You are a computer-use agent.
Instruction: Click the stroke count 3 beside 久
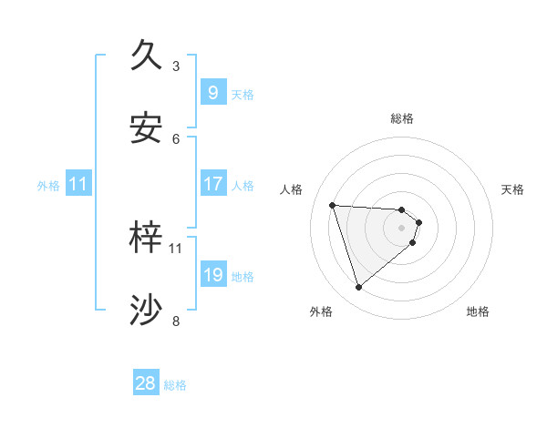[176, 66]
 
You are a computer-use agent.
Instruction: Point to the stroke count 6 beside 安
[176, 138]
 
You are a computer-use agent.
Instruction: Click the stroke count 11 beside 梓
[176, 248]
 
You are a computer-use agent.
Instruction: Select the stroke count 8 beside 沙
[176, 321]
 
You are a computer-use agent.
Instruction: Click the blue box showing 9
[212, 92]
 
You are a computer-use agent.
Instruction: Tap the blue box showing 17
[212, 184]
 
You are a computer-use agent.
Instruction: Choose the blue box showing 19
[212, 275]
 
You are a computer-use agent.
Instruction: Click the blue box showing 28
[146, 383]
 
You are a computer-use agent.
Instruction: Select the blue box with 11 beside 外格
[78, 184]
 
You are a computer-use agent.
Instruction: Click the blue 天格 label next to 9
[243, 94]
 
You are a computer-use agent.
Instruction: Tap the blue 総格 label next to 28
[175, 385]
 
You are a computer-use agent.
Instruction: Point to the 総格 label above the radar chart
[402, 118]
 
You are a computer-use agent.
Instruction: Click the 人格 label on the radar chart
[292, 189]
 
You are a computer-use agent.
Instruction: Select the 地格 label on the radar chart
[478, 311]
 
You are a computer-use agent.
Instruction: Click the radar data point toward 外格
[358, 288]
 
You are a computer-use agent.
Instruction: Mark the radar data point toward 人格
[333, 205]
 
